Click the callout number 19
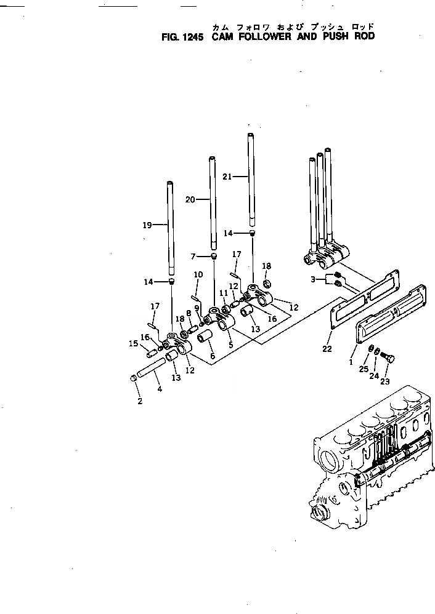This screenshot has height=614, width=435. (x=147, y=226)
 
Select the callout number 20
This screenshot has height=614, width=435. (x=190, y=199)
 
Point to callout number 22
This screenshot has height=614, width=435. (x=327, y=349)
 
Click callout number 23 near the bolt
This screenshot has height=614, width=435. (x=386, y=381)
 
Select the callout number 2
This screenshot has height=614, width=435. (x=140, y=402)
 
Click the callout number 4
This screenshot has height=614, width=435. (x=159, y=389)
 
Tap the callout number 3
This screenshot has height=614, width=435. (x=313, y=279)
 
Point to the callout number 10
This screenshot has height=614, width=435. (x=198, y=274)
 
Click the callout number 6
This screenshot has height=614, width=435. (x=213, y=356)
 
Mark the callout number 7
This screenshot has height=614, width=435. (x=193, y=256)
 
